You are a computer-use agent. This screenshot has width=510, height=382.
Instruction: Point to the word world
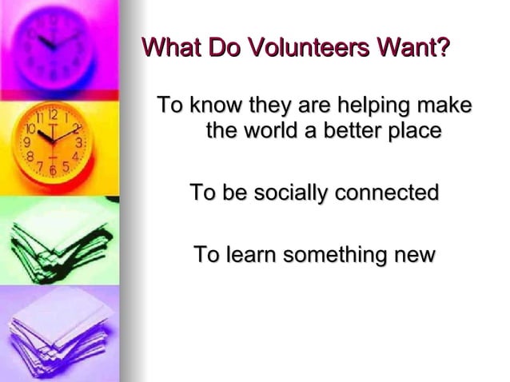(x=275, y=130)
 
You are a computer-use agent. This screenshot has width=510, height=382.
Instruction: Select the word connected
(x=391, y=193)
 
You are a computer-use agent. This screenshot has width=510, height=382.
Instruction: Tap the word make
(x=445, y=105)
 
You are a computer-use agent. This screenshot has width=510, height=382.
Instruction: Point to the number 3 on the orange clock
(x=78, y=142)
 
